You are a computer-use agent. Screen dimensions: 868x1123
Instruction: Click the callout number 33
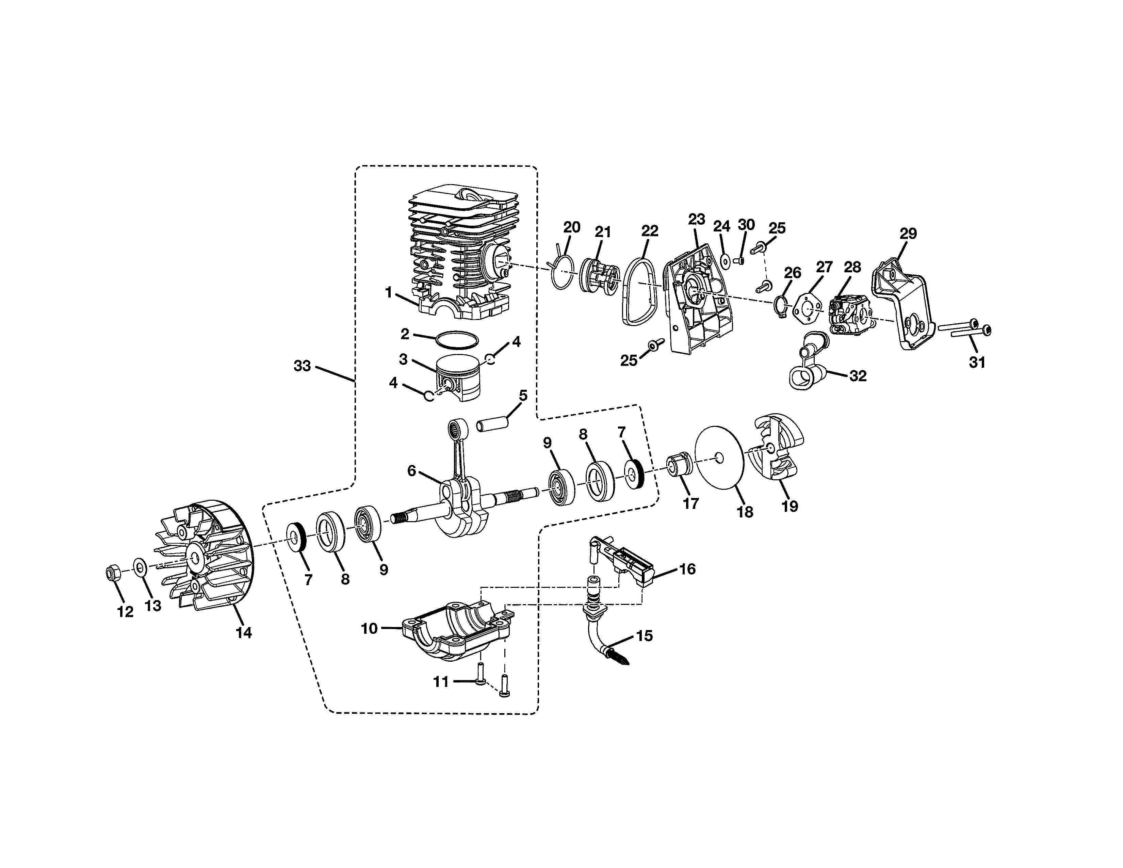[302, 366]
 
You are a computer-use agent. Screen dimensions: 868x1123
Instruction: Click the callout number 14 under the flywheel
[244, 633]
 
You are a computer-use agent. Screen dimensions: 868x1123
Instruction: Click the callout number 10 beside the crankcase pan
[369, 628]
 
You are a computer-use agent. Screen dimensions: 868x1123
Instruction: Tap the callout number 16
[687, 569]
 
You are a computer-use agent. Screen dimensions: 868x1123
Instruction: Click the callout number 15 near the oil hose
[644, 636]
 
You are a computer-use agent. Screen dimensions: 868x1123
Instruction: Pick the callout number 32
[858, 376]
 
